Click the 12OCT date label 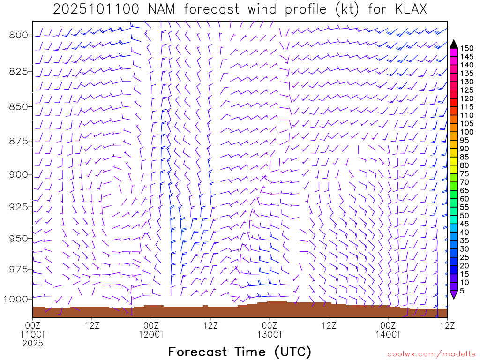(x=151, y=334)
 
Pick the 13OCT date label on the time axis (x=270, y=334)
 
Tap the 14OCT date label (x=388, y=334)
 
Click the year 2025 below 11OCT (x=33, y=343)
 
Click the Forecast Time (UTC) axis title (x=240, y=352)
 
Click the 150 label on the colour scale (x=467, y=48)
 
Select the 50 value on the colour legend (x=465, y=215)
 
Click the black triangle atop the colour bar (x=453, y=44)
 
